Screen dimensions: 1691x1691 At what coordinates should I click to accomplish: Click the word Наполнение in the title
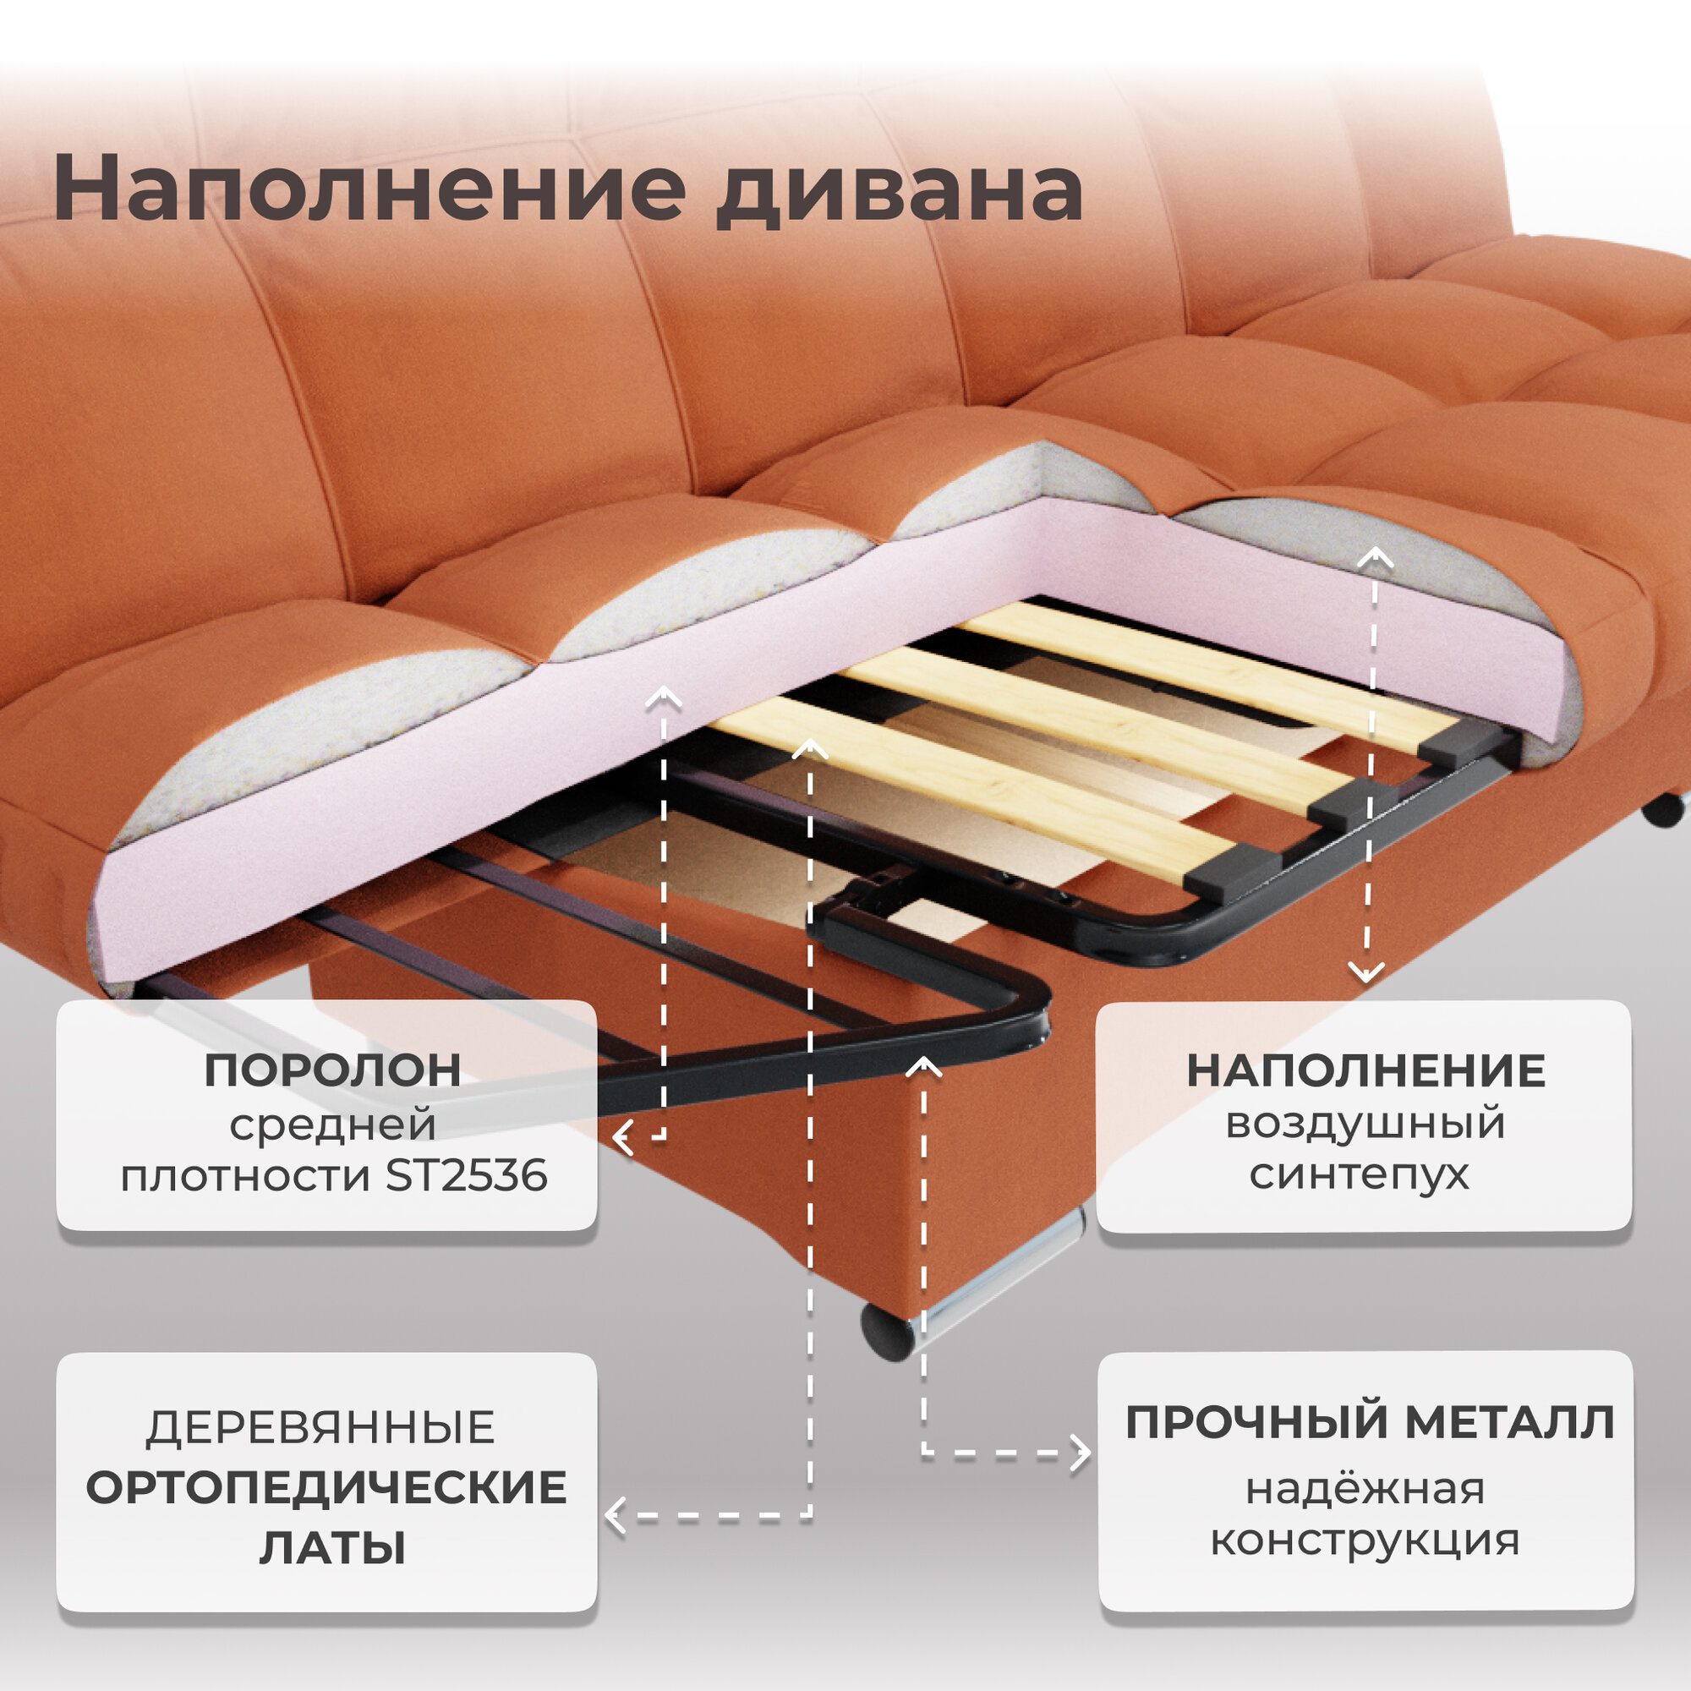click(x=368, y=189)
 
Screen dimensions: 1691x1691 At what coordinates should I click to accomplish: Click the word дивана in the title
click(x=899, y=191)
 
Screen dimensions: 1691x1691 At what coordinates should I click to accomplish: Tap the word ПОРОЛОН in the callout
click(x=332, y=1070)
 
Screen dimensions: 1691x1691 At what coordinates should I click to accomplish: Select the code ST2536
click(x=467, y=1175)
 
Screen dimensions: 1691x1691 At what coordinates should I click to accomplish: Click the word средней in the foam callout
click(x=332, y=1125)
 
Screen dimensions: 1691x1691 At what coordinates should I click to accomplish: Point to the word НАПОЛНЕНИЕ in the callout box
click(x=1365, y=1070)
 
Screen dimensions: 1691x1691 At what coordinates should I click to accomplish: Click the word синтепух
click(x=1360, y=1175)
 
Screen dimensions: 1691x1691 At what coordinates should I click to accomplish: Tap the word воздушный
click(x=1365, y=1123)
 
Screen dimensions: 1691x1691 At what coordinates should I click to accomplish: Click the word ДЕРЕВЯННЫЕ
click(x=320, y=1427)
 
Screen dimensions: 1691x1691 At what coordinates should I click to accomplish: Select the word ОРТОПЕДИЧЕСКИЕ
click(x=326, y=1487)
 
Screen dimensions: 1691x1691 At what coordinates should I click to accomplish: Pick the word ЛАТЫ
click(x=332, y=1547)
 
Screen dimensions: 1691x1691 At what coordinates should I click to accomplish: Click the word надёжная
click(x=1365, y=1489)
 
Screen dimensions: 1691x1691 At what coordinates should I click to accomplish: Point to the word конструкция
click(x=1365, y=1541)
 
